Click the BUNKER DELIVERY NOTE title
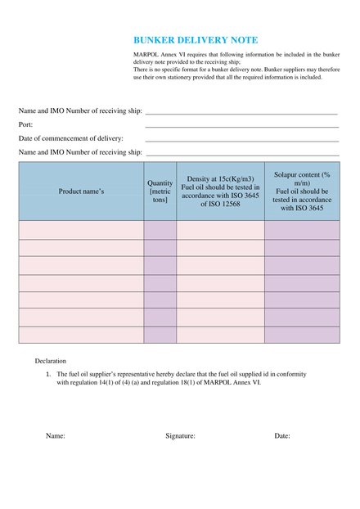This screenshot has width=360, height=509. click(196, 39)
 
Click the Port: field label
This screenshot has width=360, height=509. click(26, 124)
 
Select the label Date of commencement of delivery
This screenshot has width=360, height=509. click(71, 138)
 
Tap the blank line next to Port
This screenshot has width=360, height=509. click(241, 126)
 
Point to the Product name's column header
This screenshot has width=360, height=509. click(81, 191)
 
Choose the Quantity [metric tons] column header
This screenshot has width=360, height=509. click(160, 191)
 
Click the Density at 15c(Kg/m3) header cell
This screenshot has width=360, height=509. click(220, 191)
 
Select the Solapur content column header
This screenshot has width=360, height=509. click(302, 191)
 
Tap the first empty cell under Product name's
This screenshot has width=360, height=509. click(81, 230)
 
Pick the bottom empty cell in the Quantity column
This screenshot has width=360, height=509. click(160, 335)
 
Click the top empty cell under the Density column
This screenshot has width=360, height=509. click(220, 230)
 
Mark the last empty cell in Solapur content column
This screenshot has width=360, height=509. click(302, 335)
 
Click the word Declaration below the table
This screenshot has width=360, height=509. click(51, 360)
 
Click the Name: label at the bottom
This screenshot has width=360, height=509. click(55, 436)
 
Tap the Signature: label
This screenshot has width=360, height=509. click(180, 436)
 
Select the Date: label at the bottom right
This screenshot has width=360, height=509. click(282, 436)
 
